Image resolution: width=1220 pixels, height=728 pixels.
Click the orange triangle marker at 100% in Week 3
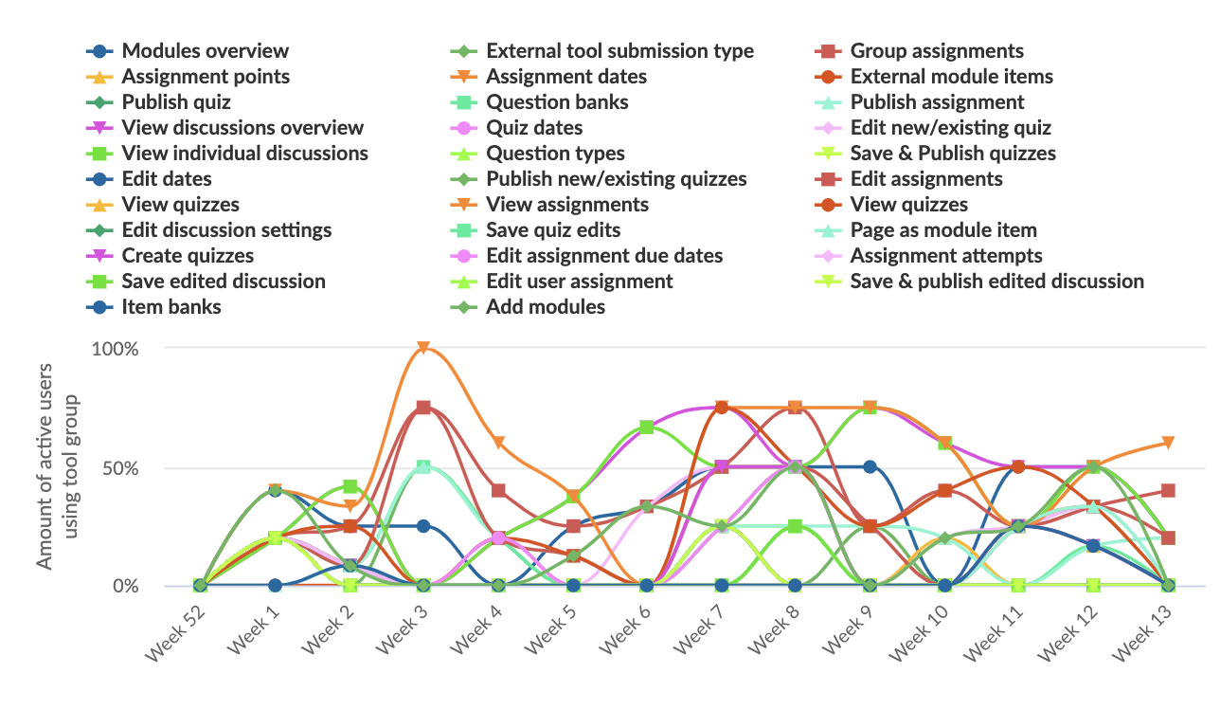click(x=423, y=348)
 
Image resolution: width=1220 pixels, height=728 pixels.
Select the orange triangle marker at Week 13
click(x=1168, y=443)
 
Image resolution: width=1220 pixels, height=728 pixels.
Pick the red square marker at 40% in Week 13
click(x=1168, y=491)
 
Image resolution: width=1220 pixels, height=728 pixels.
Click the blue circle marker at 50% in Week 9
click(x=870, y=466)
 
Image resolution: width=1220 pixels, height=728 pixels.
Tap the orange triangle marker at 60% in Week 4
click(x=498, y=443)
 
